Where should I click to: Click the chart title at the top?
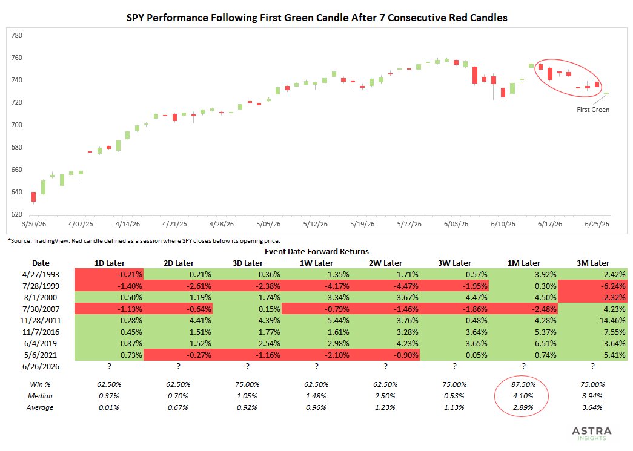tap(317, 18)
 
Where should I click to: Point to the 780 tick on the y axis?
tap(17, 35)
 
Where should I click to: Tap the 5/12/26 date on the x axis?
tap(316, 224)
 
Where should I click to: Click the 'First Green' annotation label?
tap(593, 110)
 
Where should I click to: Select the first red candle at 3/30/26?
tap(33, 197)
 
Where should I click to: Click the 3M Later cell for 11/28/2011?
tap(592, 320)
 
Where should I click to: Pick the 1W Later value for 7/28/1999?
tap(316, 286)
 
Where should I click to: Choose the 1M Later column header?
tap(523, 263)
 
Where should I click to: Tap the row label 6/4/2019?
tap(41, 343)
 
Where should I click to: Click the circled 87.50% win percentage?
tap(523, 384)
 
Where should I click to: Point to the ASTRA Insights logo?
tap(592, 433)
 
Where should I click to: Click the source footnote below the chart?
tap(144, 241)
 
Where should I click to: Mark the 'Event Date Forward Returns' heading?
tap(317, 252)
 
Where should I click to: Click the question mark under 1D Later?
tap(110, 366)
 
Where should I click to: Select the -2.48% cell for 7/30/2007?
tap(523, 309)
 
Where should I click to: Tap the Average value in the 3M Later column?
tap(592, 407)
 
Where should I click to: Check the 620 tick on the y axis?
tap(17, 214)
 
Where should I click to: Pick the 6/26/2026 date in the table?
tap(41, 366)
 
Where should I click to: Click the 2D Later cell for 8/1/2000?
tap(178, 297)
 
